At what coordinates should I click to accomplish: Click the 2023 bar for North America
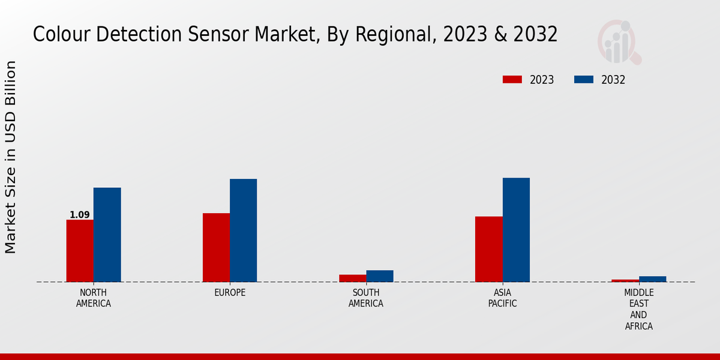coord(80,251)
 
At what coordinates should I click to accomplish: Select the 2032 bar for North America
coord(107,235)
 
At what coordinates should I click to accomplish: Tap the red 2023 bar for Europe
coord(216,247)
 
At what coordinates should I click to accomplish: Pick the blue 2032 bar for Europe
coord(243,230)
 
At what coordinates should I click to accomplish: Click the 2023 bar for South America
coord(352,278)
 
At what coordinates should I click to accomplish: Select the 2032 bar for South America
coord(380,276)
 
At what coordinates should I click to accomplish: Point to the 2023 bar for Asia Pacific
coord(488,249)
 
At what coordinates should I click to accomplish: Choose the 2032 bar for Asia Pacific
coord(516,230)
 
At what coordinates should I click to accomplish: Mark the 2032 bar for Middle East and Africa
coord(652,279)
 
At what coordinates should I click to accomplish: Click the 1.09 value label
coord(80,215)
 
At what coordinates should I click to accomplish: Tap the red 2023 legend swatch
coord(512,80)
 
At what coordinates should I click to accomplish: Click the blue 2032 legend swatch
coord(584,80)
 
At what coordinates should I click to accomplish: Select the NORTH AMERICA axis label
coord(94,298)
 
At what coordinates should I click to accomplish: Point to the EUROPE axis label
coord(230,293)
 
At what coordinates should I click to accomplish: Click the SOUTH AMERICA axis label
coord(366,298)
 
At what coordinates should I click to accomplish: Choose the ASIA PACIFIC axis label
coord(502,298)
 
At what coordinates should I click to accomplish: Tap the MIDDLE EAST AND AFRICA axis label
coord(638,310)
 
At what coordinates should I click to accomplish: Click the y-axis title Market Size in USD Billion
coord(11,157)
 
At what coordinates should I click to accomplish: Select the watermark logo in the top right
coord(619,42)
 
